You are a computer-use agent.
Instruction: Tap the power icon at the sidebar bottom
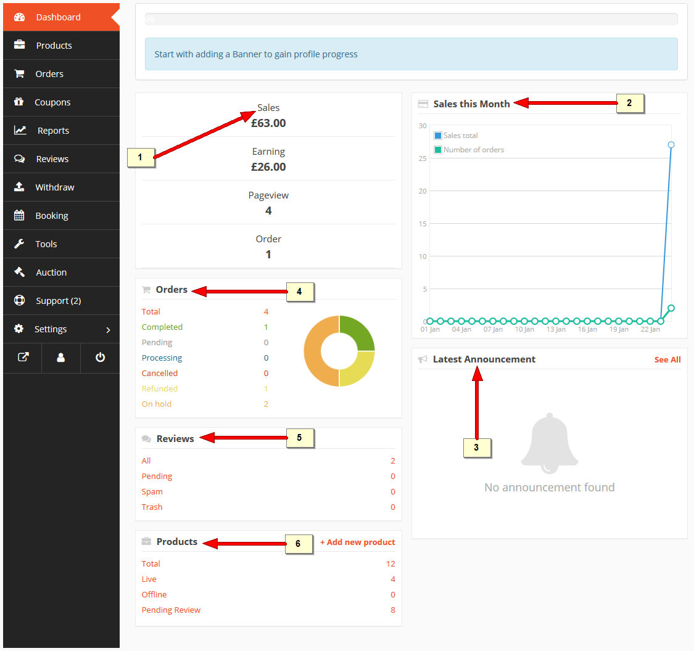(x=100, y=358)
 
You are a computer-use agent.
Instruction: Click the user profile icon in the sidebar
(x=61, y=358)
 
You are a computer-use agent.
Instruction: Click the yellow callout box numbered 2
(x=630, y=103)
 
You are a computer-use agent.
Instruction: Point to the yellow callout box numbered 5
(x=300, y=438)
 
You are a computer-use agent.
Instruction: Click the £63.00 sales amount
(x=268, y=123)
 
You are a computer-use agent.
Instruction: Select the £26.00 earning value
(x=268, y=166)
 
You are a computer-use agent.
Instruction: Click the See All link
(x=667, y=359)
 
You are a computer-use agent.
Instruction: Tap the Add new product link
(x=358, y=542)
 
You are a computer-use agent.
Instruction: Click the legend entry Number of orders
(x=469, y=150)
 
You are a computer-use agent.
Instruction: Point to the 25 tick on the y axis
(x=423, y=158)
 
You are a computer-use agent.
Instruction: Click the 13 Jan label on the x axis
(x=556, y=329)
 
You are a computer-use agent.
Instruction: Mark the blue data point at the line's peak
(x=671, y=145)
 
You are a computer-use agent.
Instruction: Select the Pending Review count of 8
(x=392, y=610)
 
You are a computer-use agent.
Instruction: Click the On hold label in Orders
(x=156, y=404)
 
